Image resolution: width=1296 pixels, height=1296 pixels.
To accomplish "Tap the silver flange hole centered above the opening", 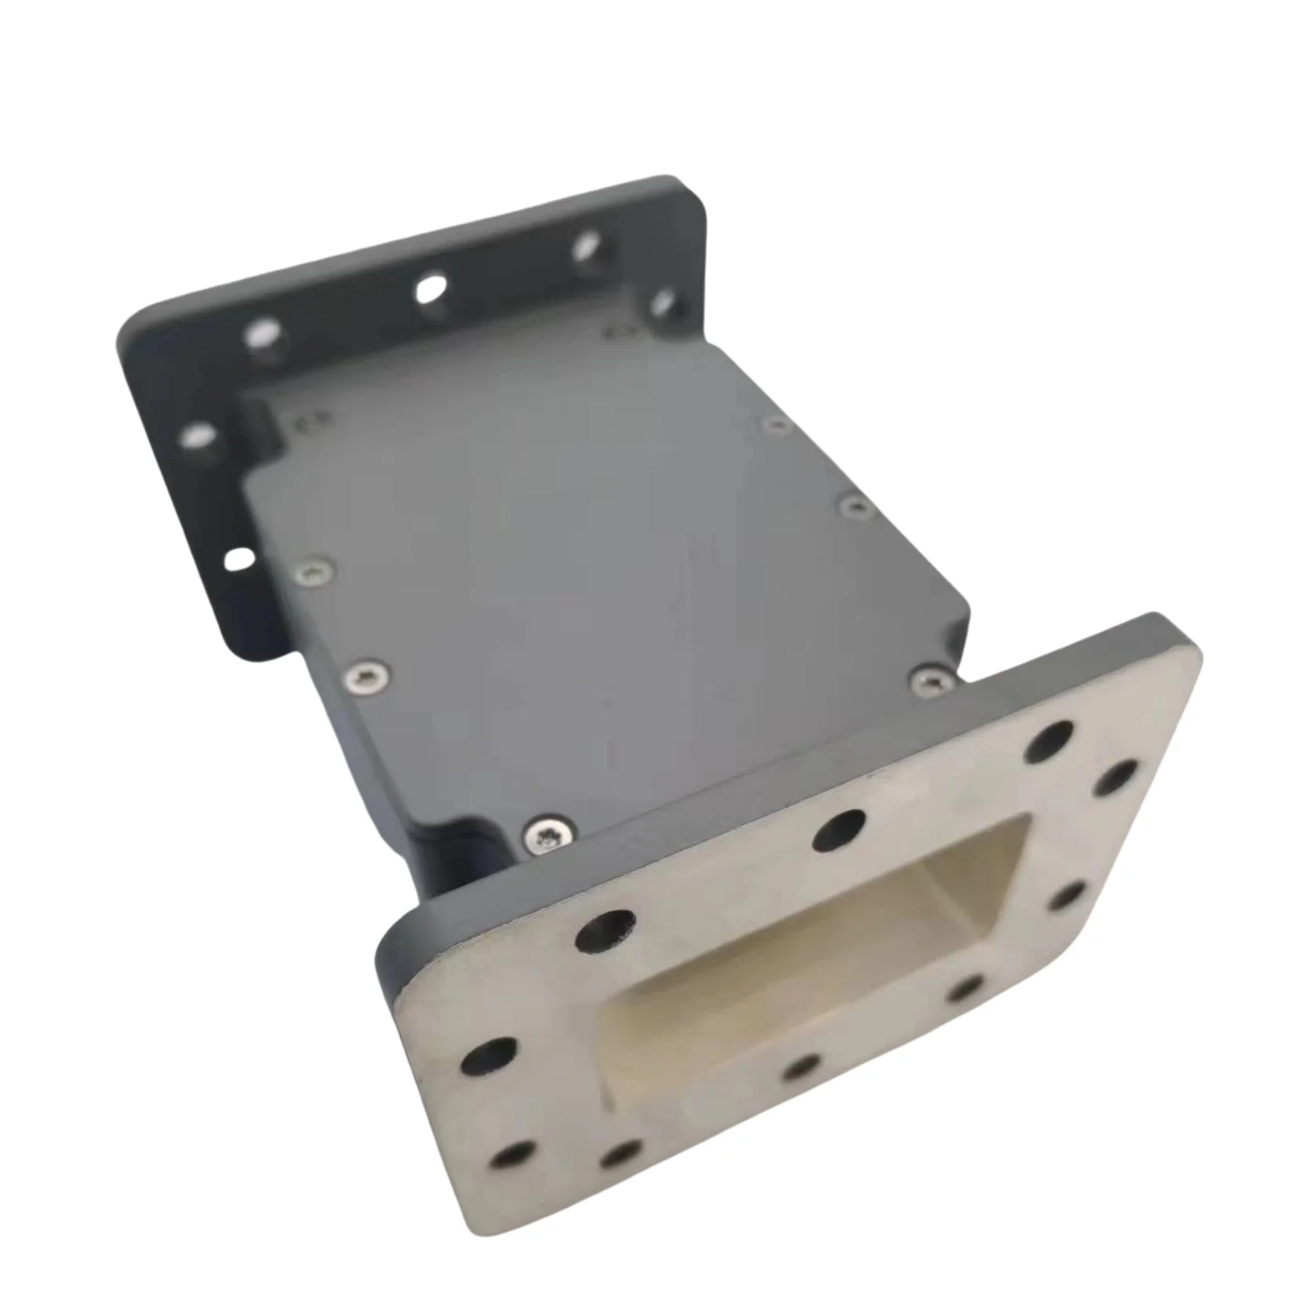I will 838,829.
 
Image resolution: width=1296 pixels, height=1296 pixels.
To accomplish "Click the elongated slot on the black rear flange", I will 239,559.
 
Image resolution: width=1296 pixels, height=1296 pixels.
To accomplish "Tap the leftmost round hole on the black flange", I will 197,436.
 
